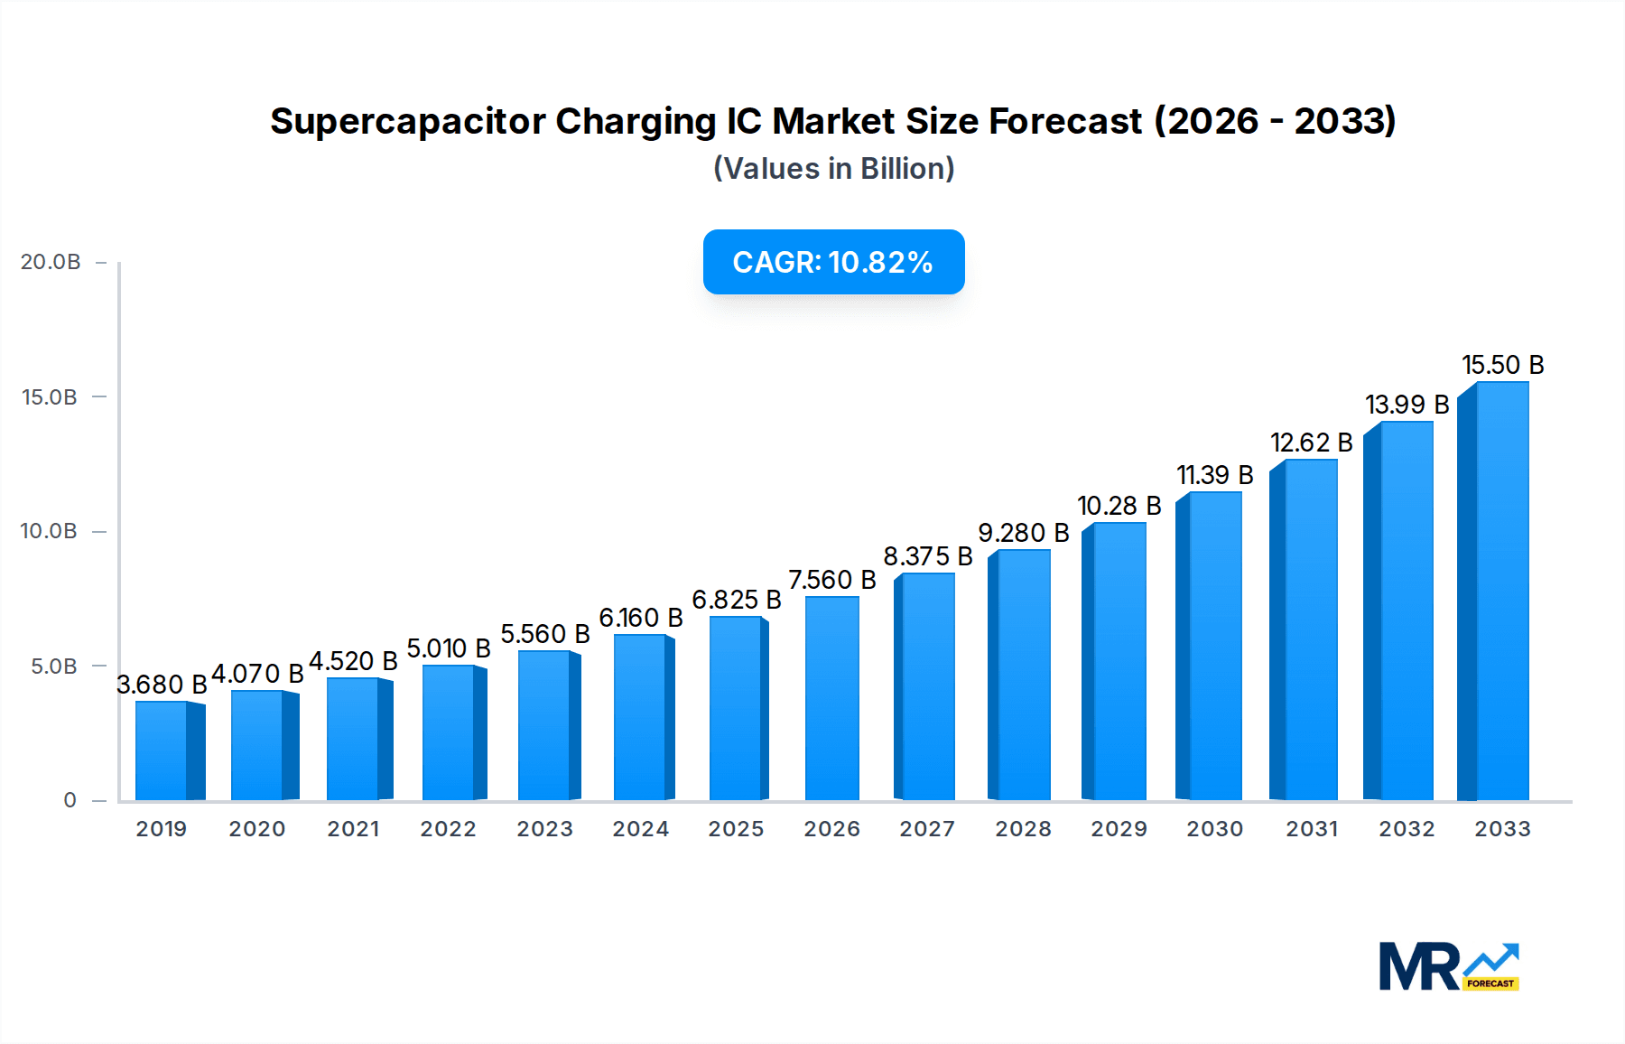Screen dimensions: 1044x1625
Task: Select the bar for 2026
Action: click(x=831, y=699)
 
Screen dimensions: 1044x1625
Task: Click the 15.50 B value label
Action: click(x=1502, y=365)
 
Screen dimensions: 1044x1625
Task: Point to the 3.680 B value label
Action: click(x=162, y=685)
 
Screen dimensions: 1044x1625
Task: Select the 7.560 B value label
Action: click(x=831, y=580)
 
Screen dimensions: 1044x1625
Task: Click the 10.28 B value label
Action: click(x=1119, y=506)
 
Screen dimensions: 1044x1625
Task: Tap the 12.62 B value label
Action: click(x=1311, y=443)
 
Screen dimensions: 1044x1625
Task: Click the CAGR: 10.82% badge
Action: click(x=833, y=262)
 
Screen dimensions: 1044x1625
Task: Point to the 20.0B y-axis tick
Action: click(x=51, y=262)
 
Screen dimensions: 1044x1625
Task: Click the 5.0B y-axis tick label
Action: click(x=53, y=666)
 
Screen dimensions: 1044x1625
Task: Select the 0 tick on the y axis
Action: click(x=70, y=800)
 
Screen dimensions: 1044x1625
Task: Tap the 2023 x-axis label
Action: click(x=544, y=829)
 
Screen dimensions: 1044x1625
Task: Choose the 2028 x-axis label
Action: click(x=1023, y=829)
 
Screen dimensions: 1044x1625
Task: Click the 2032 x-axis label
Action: click(x=1407, y=829)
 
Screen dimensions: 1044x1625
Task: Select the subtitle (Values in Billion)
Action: click(x=833, y=169)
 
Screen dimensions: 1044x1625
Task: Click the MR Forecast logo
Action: click(x=1448, y=966)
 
